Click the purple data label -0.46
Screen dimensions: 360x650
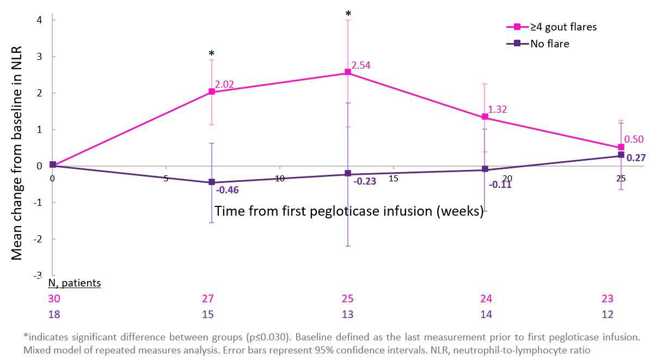[x=228, y=191]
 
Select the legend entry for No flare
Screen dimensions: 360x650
[x=549, y=44]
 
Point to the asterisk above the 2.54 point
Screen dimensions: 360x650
[x=348, y=14]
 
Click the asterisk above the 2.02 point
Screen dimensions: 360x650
[x=212, y=54]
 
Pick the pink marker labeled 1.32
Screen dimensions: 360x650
[x=485, y=117]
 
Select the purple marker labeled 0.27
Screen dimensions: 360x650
[x=621, y=156]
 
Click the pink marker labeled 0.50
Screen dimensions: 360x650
[x=621, y=147]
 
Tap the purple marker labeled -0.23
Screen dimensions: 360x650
[x=348, y=174]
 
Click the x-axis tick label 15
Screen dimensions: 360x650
[x=393, y=178]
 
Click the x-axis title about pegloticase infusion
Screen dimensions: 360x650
[x=349, y=211]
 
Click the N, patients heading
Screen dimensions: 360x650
[x=75, y=283]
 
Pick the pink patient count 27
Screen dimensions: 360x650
[x=208, y=298]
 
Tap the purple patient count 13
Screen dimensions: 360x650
[x=347, y=314]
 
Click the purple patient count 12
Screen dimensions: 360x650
[x=608, y=314]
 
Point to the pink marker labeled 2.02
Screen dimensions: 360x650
[x=212, y=91]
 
